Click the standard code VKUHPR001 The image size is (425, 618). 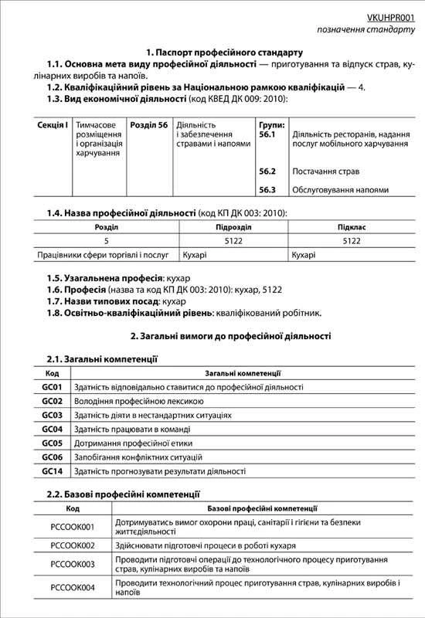pos(389,15)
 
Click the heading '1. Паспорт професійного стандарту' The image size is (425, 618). pos(212,52)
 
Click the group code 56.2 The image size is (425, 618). pos(267,171)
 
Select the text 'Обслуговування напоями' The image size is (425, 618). pos(340,189)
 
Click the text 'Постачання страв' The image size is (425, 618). pos(325,171)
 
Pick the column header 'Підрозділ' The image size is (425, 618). pos(233,228)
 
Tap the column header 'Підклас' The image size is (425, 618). pos(352,228)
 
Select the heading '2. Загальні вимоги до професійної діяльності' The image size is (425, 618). pos(229,337)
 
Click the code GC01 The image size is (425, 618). pos(52,387)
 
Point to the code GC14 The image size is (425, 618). pos(52,470)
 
